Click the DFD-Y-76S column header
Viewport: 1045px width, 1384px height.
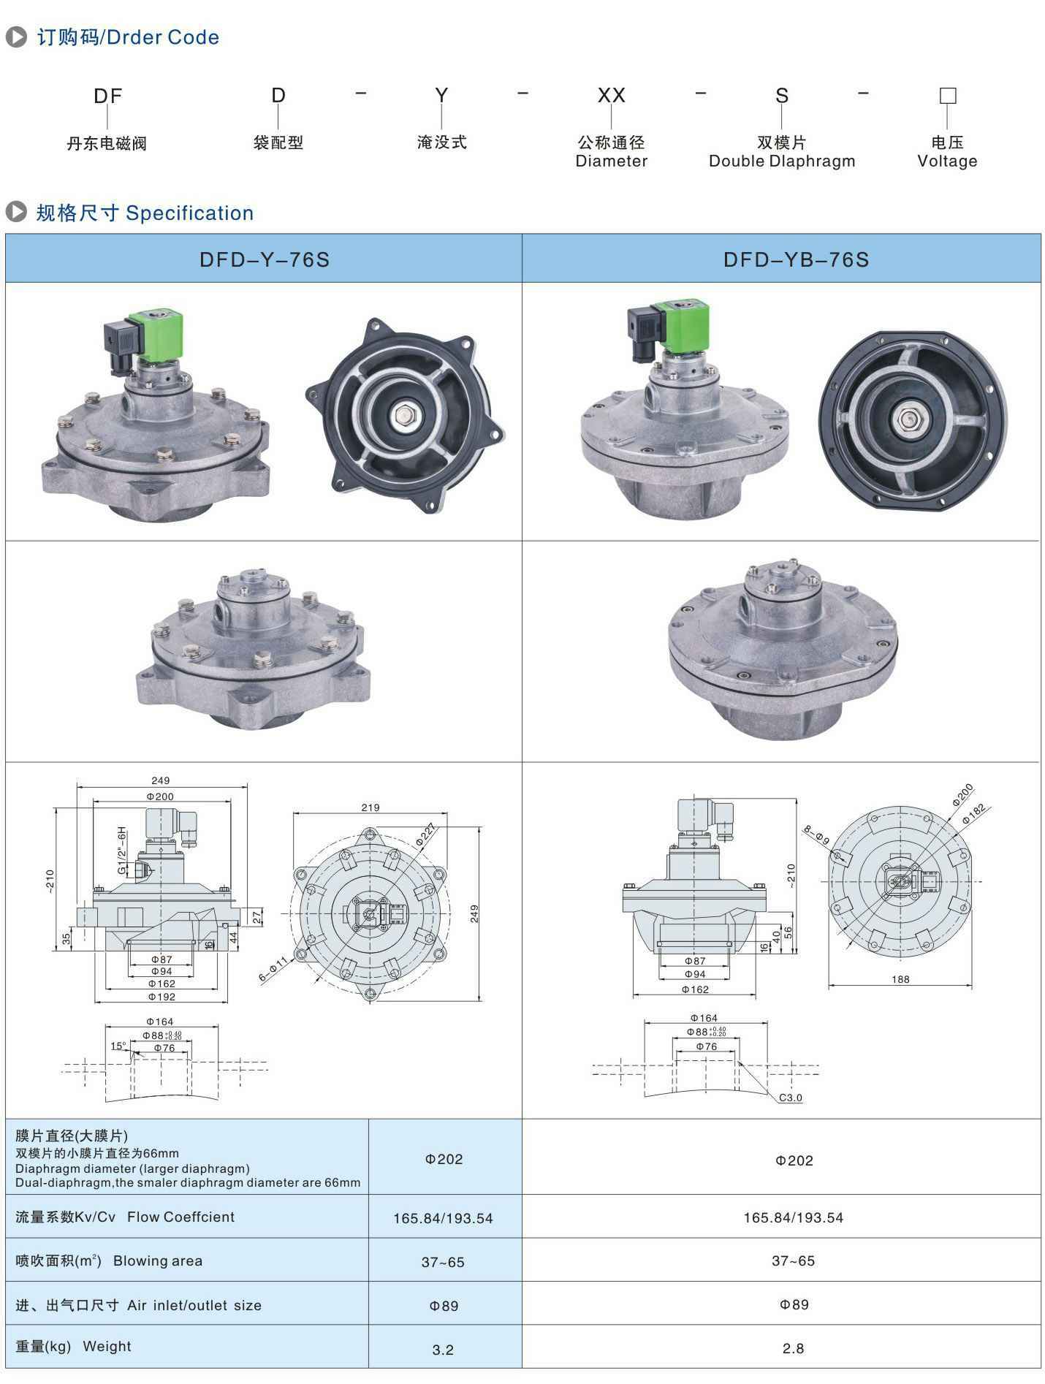(x=265, y=259)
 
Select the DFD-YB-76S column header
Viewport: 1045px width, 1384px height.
(x=796, y=259)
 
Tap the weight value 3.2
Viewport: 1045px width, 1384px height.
(x=443, y=1350)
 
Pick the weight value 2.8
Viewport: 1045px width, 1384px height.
(x=793, y=1348)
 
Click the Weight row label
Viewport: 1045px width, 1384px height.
(x=73, y=1346)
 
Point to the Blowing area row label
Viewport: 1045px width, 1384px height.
(x=109, y=1261)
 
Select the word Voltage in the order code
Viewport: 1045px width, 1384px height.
(x=947, y=161)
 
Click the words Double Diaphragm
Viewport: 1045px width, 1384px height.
(x=782, y=161)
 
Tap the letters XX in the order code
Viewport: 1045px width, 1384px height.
(x=612, y=95)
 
